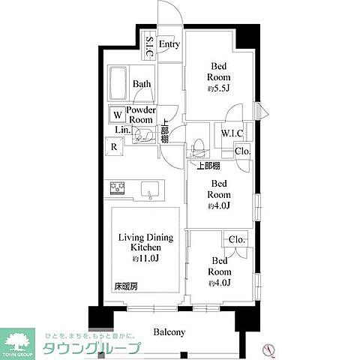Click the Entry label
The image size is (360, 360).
[x=169, y=44]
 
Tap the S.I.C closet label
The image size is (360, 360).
[x=149, y=47]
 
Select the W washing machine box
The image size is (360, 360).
[x=117, y=115]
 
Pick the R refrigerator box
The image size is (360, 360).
[x=113, y=146]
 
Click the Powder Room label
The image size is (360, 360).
[x=140, y=115]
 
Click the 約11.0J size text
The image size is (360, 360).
[x=145, y=259]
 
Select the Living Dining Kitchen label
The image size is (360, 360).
[x=145, y=242]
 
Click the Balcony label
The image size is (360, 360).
[x=169, y=332]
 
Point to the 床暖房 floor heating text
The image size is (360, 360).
[x=125, y=286]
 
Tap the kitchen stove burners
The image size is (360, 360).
[x=118, y=188]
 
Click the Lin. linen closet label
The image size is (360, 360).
[x=122, y=130]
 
